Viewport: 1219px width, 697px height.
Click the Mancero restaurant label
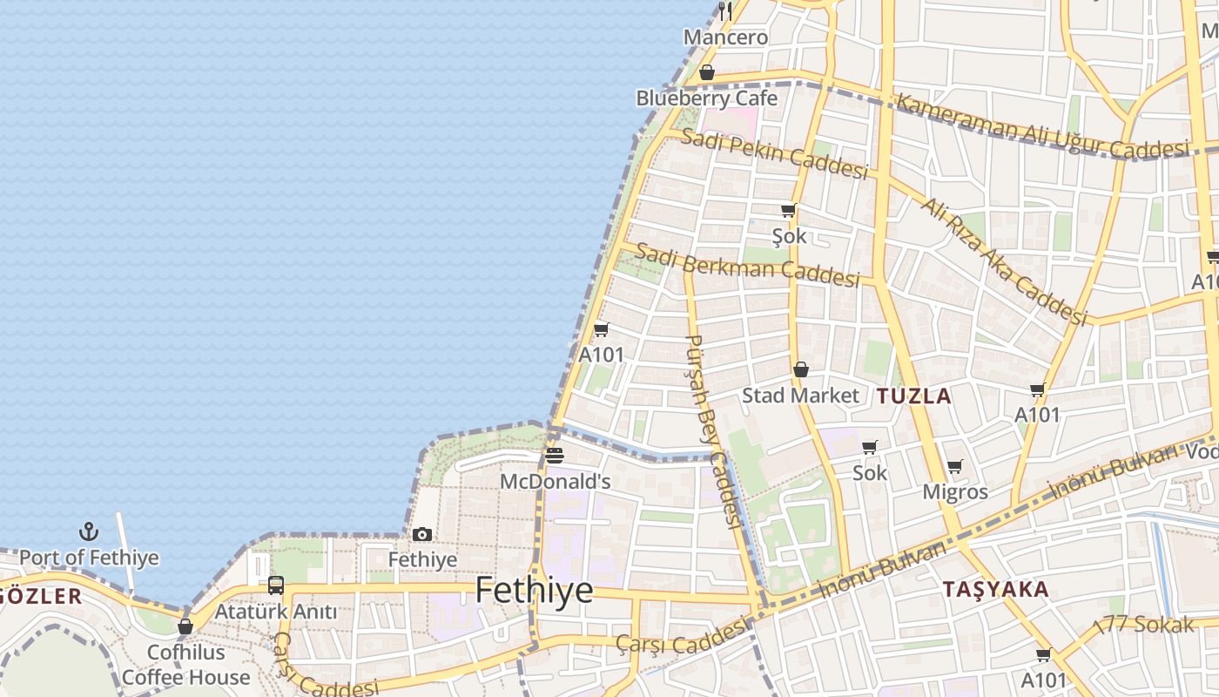pyautogui.click(x=725, y=37)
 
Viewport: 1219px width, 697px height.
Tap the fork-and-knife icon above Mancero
pyautogui.click(x=725, y=10)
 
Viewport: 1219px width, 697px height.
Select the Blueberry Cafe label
pyautogui.click(x=706, y=98)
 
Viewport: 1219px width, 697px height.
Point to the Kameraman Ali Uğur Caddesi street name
pyautogui.click(x=1042, y=127)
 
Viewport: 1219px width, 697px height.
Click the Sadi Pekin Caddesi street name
pyautogui.click(x=774, y=153)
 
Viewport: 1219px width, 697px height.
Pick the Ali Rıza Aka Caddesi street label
pyautogui.click(x=1005, y=261)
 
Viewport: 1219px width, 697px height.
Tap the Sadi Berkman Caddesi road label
pyautogui.click(x=747, y=265)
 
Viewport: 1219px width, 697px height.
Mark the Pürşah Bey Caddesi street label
pyautogui.click(x=712, y=430)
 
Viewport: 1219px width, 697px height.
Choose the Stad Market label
pyautogui.click(x=800, y=396)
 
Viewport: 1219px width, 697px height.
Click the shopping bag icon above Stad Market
pyautogui.click(x=800, y=369)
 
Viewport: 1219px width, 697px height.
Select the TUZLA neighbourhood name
pyautogui.click(x=913, y=396)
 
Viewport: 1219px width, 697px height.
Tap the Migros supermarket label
pyautogui.click(x=955, y=492)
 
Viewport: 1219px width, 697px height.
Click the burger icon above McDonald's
pyautogui.click(x=555, y=455)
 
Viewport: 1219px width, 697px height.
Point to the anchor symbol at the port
pyautogui.click(x=89, y=531)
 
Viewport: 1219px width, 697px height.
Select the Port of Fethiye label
pyautogui.click(x=89, y=558)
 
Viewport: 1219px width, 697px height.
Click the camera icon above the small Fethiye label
pyautogui.click(x=422, y=534)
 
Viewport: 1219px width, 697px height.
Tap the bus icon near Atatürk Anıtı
pyautogui.click(x=276, y=585)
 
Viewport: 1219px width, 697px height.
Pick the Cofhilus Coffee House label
pyautogui.click(x=185, y=665)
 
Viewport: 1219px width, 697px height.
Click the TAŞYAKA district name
pyautogui.click(x=995, y=590)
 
